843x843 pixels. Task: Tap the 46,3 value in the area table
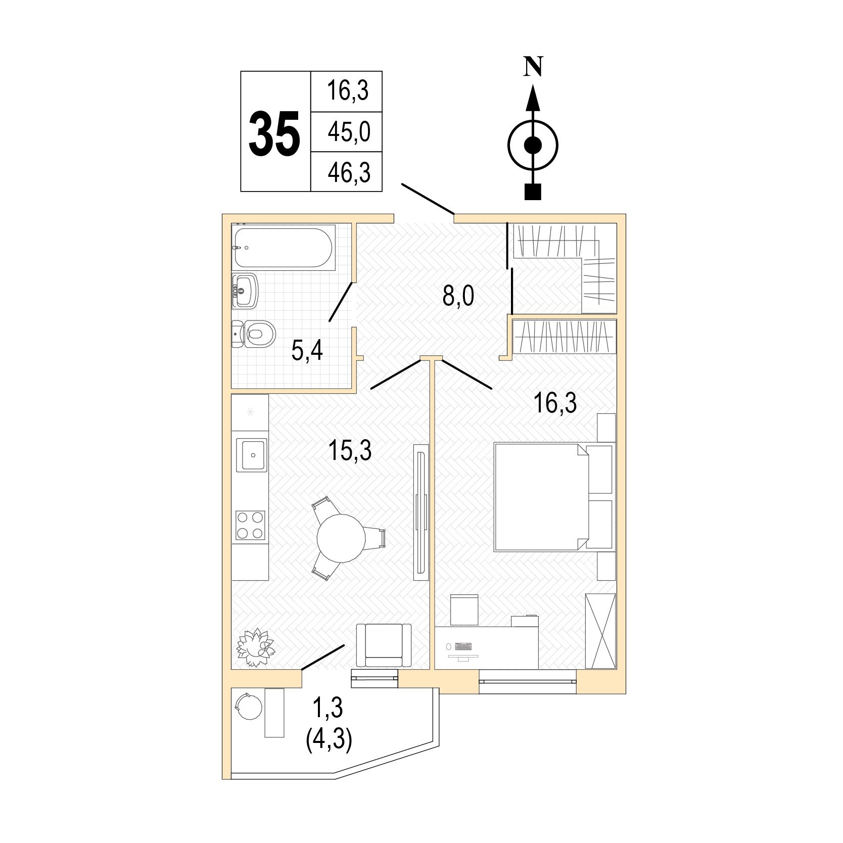point(349,172)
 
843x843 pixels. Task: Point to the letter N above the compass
point(532,66)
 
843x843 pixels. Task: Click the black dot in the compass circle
point(533,146)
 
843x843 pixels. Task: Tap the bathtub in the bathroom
point(283,248)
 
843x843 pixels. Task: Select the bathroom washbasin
point(245,291)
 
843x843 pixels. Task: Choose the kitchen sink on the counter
point(252,455)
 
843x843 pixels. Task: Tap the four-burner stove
point(252,526)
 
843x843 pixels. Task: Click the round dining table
point(341,538)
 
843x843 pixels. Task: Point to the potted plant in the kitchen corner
point(256,647)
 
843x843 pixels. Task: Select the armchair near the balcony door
point(384,645)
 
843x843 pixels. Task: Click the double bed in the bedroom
point(541,497)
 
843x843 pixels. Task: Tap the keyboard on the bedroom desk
point(463,646)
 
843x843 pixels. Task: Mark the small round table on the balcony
point(249,705)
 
